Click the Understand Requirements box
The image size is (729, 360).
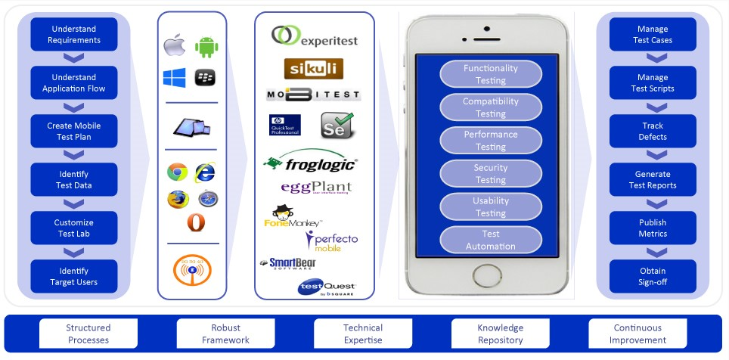point(74,35)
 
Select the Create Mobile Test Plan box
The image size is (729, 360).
point(74,131)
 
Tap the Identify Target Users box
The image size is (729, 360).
point(74,276)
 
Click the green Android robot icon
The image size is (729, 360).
point(206,47)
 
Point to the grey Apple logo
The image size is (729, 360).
point(175,46)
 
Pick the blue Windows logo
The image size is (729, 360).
point(174,77)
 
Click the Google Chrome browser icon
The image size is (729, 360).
point(177,172)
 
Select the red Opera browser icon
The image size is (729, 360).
point(195,223)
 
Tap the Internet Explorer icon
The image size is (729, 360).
point(206,172)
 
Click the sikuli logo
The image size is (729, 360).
point(314,69)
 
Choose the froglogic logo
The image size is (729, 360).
point(311,161)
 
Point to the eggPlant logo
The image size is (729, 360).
point(316,187)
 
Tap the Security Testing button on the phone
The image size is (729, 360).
point(491,174)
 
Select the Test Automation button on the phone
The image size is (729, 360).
point(491,240)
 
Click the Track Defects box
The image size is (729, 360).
point(653,131)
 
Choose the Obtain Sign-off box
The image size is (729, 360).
point(653,276)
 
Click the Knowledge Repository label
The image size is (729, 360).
point(501,334)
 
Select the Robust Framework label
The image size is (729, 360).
point(225,334)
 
